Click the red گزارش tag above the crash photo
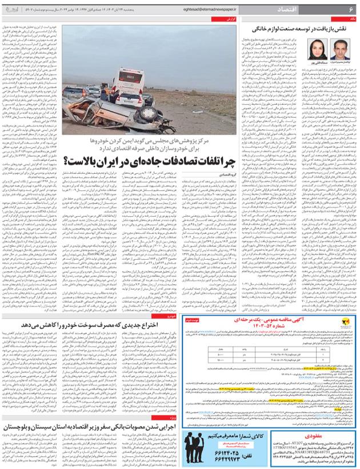tap(230, 18)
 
